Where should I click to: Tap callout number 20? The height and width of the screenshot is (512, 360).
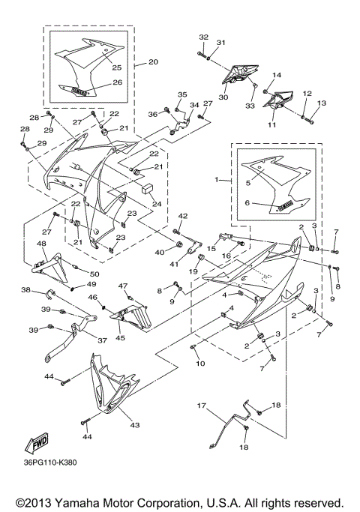(153, 61)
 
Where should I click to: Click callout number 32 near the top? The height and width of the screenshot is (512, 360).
(203, 36)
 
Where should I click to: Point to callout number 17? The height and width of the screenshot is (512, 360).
(202, 406)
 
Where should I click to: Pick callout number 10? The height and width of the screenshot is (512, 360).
(200, 363)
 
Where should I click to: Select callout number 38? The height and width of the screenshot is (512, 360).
(25, 289)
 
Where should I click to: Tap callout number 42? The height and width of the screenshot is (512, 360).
(182, 216)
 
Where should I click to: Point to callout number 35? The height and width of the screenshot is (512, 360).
(181, 94)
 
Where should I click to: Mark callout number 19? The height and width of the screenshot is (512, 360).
(193, 271)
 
